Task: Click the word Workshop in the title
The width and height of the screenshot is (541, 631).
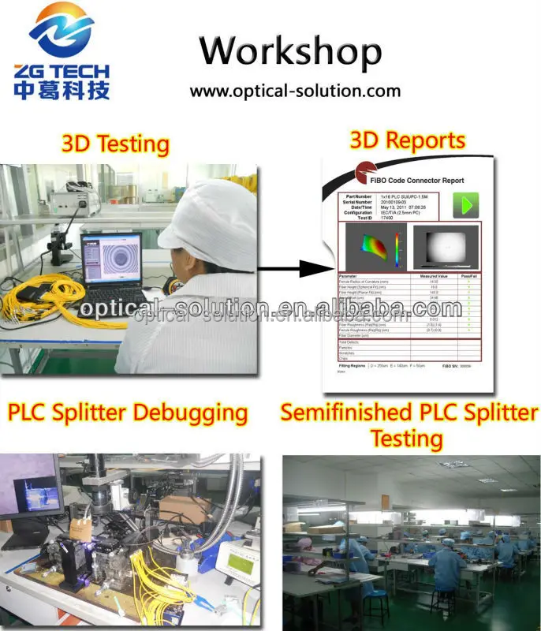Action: tap(290, 51)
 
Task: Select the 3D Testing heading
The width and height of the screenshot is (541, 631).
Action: tap(115, 144)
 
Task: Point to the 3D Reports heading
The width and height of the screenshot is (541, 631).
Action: tap(407, 140)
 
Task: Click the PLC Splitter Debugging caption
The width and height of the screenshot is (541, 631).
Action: tap(127, 413)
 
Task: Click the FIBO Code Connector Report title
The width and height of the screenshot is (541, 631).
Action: tap(420, 181)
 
